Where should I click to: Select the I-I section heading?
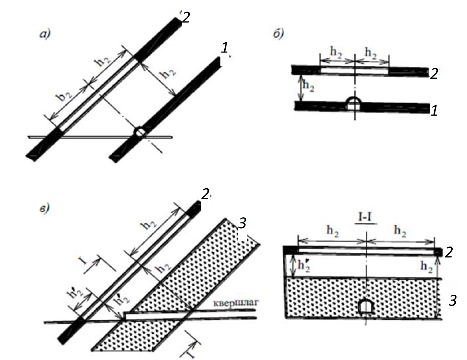click(366, 220)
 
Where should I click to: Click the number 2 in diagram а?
click(186, 17)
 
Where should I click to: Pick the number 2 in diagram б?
click(434, 74)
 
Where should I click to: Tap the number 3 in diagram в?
click(243, 223)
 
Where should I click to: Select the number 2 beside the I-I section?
click(448, 252)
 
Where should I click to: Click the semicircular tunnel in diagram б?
click(355, 103)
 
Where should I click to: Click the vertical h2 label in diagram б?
click(308, 86)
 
